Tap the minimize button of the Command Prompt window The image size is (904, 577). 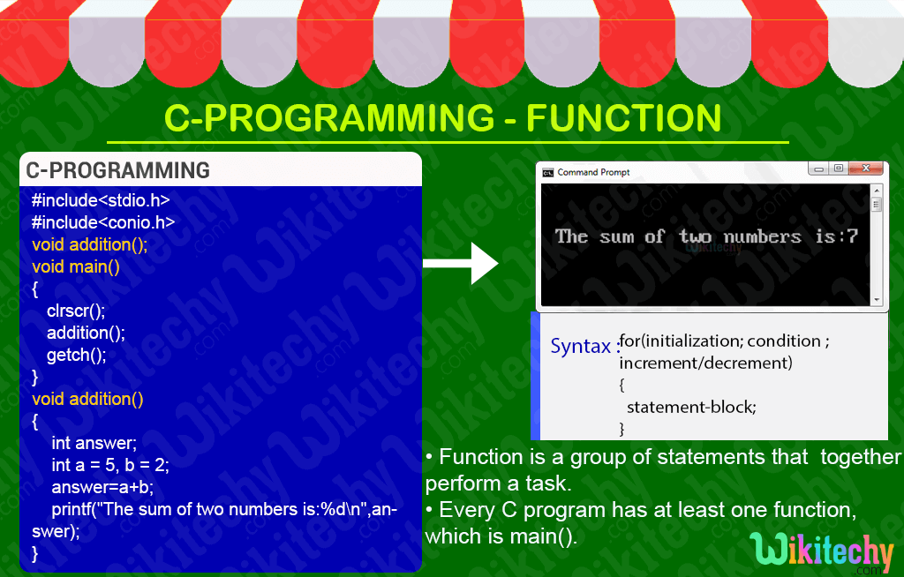point(819,169)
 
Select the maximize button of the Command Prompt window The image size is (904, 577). point(838,169)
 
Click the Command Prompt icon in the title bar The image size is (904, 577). point(547,173)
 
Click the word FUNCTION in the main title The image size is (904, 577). point(624,118)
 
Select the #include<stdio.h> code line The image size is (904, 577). point(100,200)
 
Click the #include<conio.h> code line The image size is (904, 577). point(102,222)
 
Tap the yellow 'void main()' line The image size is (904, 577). point(75,266)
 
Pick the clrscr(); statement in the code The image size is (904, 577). point(76,311)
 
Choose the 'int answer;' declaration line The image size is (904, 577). point(94,443)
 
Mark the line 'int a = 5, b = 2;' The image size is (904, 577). point(109,465)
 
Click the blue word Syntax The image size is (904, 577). point(581,346)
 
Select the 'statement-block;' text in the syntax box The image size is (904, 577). point(691,407)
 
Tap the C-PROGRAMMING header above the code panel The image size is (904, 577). point(117,170)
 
